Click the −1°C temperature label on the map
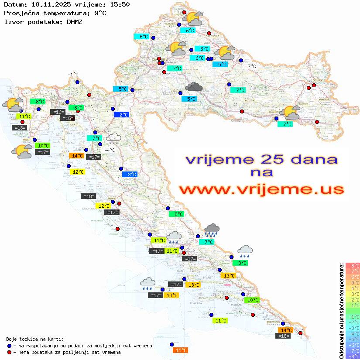[x=73, y=75]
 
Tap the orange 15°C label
[x=181, y=350]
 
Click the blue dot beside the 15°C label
[x=171, y=344]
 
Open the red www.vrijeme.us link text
[x=261, y=189]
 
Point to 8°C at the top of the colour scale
[x=353, y=265]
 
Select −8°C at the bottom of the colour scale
[x=353, y=356]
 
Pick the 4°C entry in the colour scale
[x=353, y=288]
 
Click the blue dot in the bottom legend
[x=9, y=346]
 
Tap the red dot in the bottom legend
[x=9, y=352]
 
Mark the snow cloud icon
[x=114, y=138]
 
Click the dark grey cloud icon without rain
[x=194, y=87]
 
